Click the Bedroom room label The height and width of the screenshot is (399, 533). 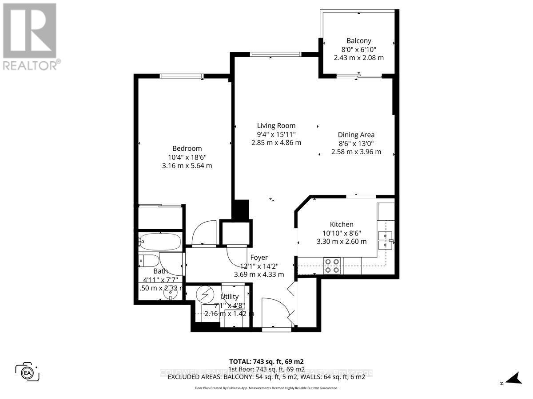(x=187, y=149)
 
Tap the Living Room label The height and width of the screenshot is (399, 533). (x=276, y=125)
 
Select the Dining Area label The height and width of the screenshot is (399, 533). (x=356, y=135)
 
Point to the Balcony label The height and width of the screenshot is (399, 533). (x=359, y=41)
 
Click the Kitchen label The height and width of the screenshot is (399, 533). (x=342, y=224)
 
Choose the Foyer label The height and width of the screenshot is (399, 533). (x=259, y=257)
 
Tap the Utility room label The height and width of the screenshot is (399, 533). (x=230, y=297)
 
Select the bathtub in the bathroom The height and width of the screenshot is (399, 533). (x=160, y=242)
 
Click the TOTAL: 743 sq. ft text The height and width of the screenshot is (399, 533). (x=266, y=361)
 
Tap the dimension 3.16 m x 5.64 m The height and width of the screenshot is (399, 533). (x=187, y=166)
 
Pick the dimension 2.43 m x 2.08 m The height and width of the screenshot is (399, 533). (x=359, y=58)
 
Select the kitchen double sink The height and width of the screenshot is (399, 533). (x=385, y=239)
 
